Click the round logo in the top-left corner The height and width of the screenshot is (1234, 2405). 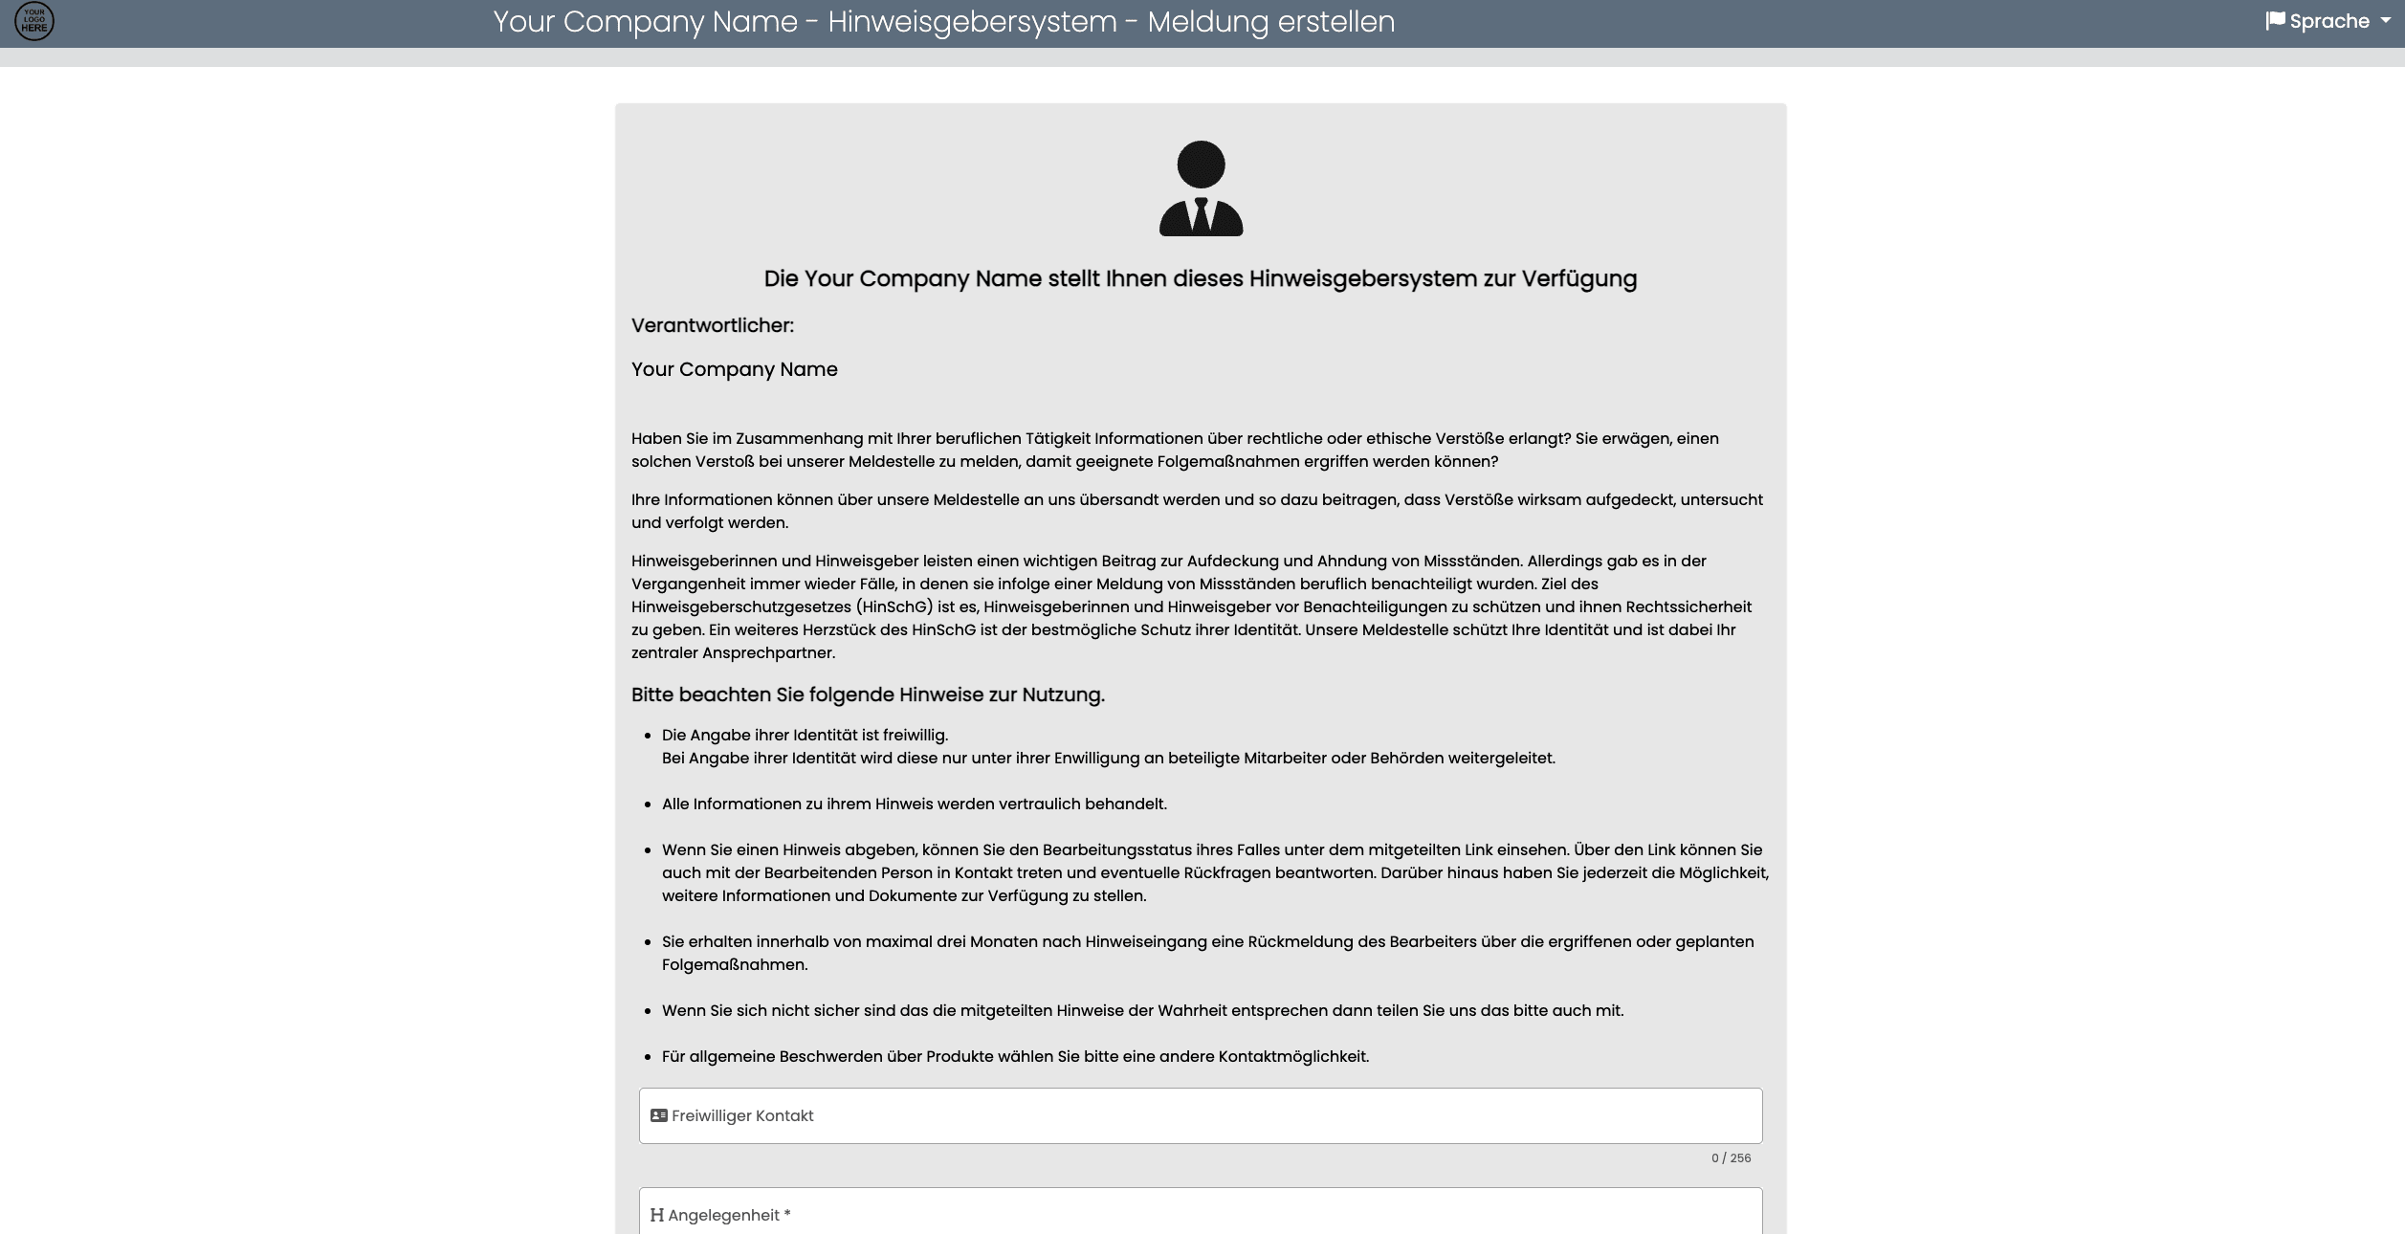[34, 21]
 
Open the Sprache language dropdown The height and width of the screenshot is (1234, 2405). [2328, 21]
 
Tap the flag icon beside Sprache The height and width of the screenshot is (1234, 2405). [2275, 21]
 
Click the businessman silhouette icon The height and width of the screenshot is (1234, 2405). [1201, 187]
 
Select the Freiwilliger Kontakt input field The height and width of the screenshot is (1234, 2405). [1201, 1115]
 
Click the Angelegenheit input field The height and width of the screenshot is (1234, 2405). [1201, 1214]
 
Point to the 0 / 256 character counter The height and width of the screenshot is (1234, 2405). [1731, 1157]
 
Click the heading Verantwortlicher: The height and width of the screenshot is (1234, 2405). [713, 325]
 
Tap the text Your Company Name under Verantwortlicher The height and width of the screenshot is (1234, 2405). [734, 369]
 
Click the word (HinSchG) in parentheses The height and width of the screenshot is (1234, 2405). [894, 606]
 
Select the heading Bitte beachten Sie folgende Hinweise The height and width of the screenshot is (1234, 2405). [868, 694]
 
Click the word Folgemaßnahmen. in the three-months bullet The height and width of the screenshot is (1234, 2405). [735, 964]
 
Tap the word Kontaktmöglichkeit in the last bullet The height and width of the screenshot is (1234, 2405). [1293, 1056]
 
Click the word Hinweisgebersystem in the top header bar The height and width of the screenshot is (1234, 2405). [972, 21]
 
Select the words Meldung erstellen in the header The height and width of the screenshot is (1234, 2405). [1270, 21]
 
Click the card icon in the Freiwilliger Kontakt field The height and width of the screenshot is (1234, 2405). [658, 1115]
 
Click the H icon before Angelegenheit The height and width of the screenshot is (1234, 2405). [656, 1215]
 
